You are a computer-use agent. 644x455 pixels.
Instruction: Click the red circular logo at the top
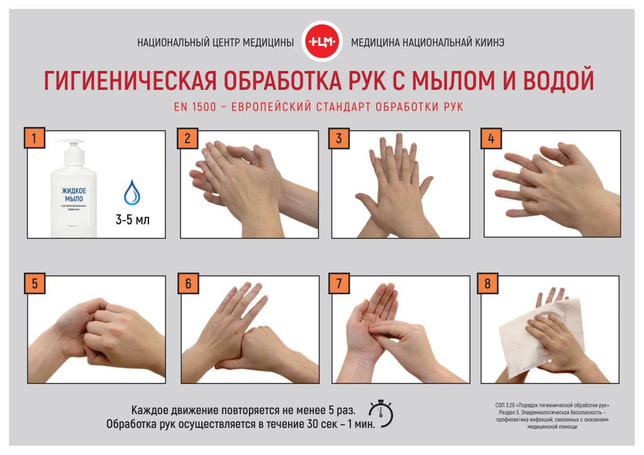point(322,41)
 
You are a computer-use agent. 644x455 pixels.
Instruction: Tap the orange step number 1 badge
point(34,138)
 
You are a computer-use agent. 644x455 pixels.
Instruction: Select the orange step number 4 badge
point(491,138)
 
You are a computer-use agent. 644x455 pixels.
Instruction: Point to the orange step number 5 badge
point(35,283)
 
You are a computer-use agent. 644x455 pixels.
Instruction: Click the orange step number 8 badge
point(487,283)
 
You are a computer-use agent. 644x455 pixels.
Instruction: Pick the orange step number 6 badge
point(188,283)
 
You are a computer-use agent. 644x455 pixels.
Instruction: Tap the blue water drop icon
point(132,192)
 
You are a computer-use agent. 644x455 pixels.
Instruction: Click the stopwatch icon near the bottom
point(381,414)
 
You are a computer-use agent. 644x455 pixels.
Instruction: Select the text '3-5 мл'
point(132,220)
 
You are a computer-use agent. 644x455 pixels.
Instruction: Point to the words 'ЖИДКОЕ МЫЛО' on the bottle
point(74,195)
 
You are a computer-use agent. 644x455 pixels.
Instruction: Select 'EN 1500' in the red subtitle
point(195,107)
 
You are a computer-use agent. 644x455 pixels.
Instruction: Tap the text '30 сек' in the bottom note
point(320,424)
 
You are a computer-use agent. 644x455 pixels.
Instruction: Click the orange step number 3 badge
point(339,138)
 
